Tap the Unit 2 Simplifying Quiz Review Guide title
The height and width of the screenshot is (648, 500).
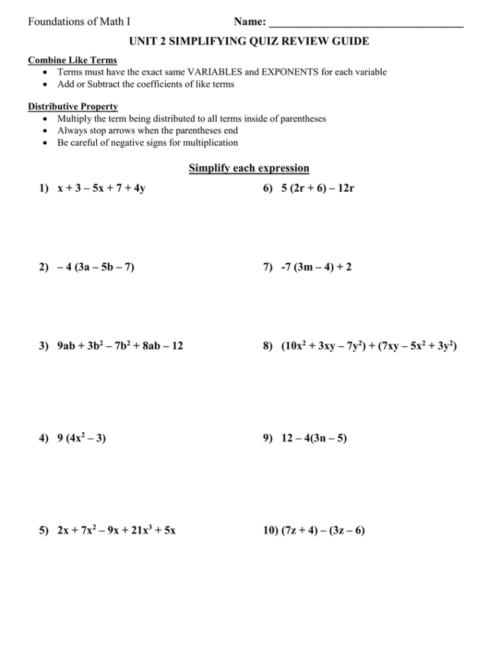pos(249,41)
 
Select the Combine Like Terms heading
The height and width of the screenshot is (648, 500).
pos(72,60)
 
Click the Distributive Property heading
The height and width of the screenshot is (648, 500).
pos(73,106)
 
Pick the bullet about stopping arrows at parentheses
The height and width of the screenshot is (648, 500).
pos(148,130)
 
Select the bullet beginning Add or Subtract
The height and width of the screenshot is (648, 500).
pos(146,84)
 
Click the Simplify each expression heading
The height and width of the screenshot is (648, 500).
pos(249,168)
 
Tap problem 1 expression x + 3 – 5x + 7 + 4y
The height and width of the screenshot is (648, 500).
pos(101,188)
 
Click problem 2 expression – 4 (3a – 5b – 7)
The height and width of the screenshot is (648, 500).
pos(96,267)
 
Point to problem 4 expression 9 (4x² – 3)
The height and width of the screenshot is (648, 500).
pos(82,438)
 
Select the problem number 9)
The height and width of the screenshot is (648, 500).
pos(268,438)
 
